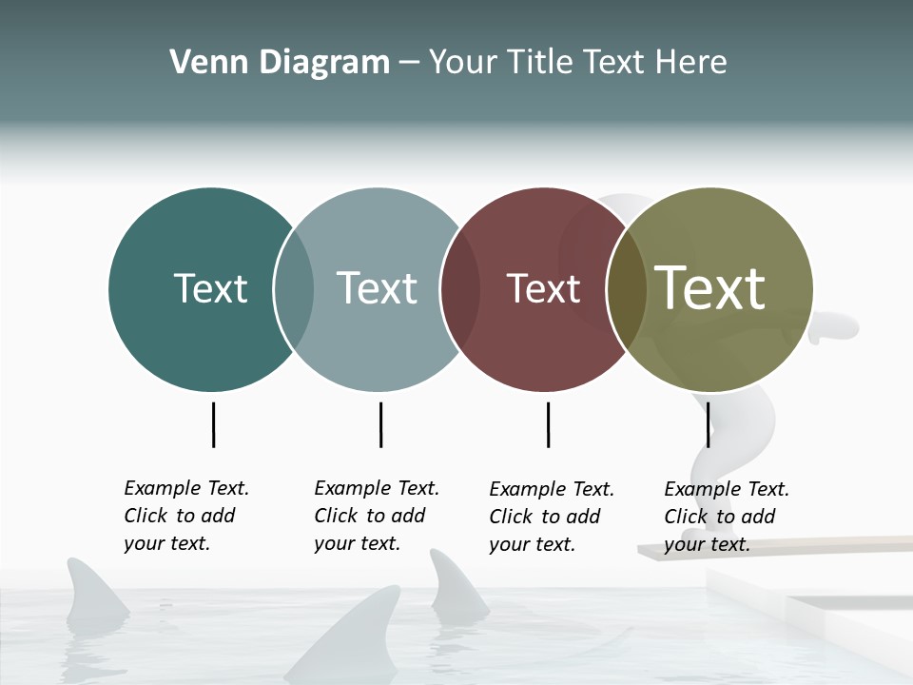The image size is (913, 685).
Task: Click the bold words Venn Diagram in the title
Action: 280,63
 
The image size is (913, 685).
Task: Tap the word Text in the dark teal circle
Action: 210,288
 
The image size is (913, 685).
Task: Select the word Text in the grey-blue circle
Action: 377,288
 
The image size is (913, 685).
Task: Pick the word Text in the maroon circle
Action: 543,288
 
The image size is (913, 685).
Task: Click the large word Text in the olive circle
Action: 710,287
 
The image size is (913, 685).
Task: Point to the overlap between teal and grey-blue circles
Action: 294,289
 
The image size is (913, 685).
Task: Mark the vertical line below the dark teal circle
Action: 213,424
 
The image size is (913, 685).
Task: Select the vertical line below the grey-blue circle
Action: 380,424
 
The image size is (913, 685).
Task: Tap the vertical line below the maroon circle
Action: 548,424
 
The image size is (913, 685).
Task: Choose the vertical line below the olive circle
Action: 708,424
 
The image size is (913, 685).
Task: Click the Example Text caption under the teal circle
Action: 185,516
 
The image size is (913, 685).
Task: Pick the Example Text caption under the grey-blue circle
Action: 376,516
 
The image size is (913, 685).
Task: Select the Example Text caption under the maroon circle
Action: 551,517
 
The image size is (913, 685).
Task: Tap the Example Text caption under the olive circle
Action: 726,517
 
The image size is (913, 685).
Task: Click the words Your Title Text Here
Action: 577,63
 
